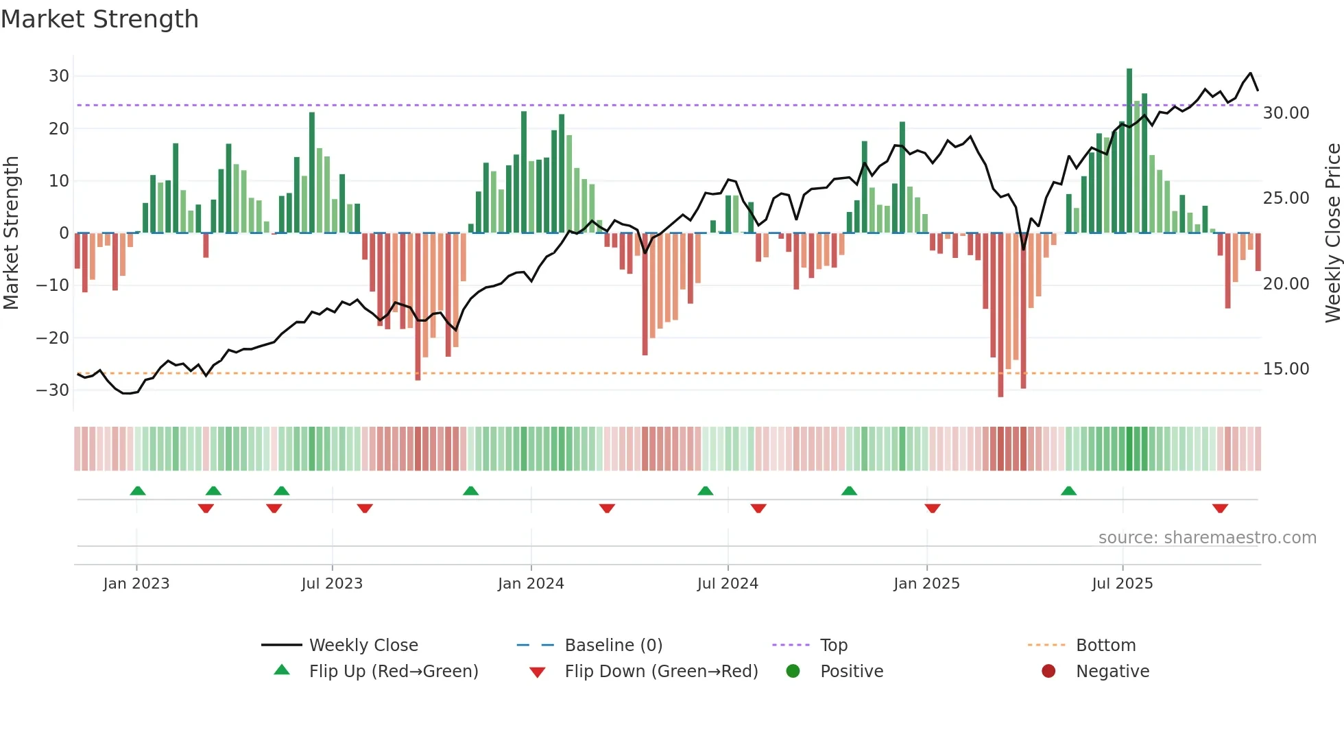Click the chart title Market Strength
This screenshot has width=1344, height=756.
coord(99,19)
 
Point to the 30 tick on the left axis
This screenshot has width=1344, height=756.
coord(59,76)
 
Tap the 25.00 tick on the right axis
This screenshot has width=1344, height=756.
coord(1286,198)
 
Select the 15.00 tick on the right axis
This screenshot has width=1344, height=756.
coord(1286,369)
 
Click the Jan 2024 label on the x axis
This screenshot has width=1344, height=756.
coord(531,584)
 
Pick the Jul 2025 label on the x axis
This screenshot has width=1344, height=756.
coord(1122,584)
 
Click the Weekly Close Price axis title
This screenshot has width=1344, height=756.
coord(1332,233)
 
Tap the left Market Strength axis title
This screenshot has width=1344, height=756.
coord(11,233)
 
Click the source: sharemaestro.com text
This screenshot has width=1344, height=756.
coord(1207,538)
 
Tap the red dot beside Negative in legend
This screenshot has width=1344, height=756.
coord(1048,672)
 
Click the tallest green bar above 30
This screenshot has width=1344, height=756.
coord(1129,151)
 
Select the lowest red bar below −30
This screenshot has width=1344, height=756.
coord(1000,316)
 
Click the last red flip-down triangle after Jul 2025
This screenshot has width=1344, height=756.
coord(1220,508)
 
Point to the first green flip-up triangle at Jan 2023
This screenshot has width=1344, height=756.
coord(138,491)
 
